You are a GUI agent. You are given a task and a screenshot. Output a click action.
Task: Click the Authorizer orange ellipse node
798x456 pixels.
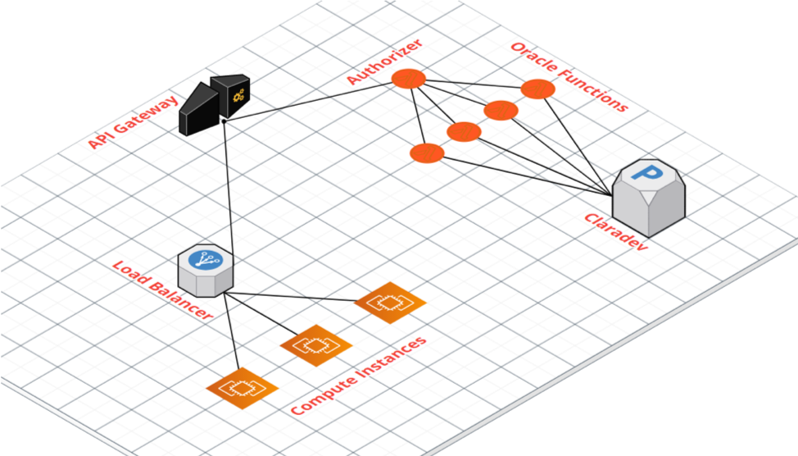click(x=408, y=79)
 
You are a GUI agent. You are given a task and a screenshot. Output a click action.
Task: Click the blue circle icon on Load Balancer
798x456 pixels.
click(x=203, y=260)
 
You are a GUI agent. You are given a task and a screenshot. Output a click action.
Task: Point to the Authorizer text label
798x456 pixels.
click(x=385, y=62)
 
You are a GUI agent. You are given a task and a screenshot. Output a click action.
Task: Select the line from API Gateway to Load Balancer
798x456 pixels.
click(x=229, y=189)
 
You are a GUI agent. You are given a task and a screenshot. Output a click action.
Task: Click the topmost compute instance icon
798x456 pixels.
click(x=390, y=302)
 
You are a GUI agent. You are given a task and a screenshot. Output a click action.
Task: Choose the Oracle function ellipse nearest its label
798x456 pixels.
click(x=538, y=89)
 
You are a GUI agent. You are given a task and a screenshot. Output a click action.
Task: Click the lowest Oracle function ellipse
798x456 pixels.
click(x=427, y=153)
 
